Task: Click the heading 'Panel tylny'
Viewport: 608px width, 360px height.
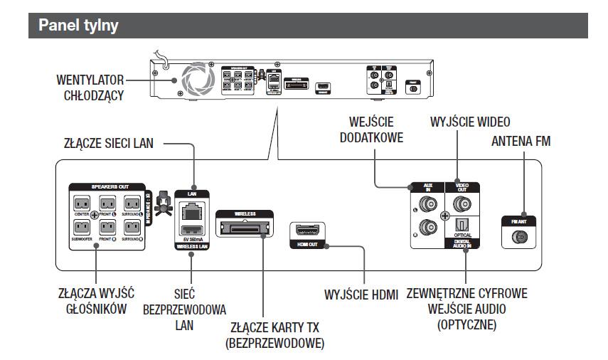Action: (x=78, y=26)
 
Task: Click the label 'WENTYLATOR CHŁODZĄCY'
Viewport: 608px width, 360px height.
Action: (x=91, y=87)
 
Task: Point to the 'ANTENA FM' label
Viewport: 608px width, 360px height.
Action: (x=521, y=142)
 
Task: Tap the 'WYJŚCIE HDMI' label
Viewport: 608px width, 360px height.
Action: (x=362, y=294)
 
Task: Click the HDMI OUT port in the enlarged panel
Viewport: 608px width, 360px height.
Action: (x=308, y=233)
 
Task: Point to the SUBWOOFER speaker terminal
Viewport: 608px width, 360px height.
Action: (x=80, y=228)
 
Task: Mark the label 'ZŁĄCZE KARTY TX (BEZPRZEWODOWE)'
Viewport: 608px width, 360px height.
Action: (x=274, y=335)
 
